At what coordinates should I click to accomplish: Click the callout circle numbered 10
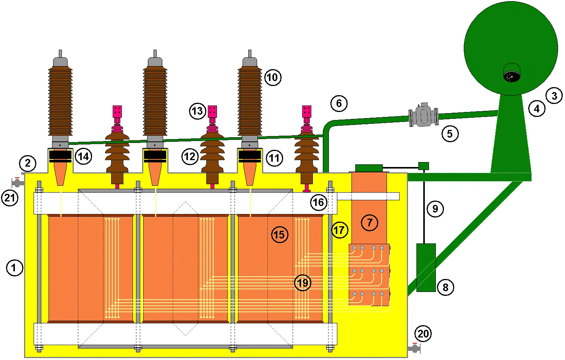click(x=273, y=77)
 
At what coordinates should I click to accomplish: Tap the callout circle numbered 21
click(x=10, y=198)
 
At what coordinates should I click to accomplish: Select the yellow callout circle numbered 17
click(x=340, y=230)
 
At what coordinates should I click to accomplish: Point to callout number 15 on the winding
click(x=280, y=234)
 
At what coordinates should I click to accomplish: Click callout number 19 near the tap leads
click(x=303, y=282)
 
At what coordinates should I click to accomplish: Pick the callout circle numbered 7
click(x=369, y=222)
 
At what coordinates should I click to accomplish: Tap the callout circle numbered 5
click(x=450, y=133)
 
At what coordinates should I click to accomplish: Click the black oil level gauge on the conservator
click(x=512, y=73)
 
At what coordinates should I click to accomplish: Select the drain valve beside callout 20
click(x=415, y=349)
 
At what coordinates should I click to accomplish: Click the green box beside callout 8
click(x=426, y=268)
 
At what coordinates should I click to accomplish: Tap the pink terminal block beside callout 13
click(x=212, y=111)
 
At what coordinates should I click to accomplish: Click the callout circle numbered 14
click(x=84, y=156)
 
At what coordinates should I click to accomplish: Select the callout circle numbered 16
click(x=319, y=202)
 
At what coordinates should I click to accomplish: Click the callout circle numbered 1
click(x=15, y=268)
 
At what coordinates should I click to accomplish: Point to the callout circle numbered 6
click(x=339, y=103)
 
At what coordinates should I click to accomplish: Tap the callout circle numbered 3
click(x=554, y=96)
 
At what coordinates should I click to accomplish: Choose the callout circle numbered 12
click(x=190, y=156)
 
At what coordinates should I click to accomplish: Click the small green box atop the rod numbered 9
click(x=424, y=166)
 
